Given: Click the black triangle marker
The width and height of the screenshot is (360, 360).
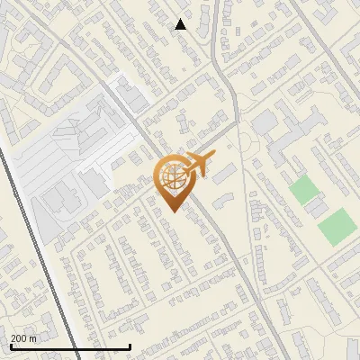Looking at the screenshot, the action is (181, 24).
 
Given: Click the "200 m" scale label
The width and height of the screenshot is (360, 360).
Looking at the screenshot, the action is (23, 338).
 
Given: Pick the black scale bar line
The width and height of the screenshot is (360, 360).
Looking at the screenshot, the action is (69, 346).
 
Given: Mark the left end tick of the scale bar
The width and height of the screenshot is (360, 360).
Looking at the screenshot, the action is (10, 345).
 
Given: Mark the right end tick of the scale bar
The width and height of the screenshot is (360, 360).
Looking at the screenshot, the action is (130, 345).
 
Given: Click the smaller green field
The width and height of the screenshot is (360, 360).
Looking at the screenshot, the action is (304, 190).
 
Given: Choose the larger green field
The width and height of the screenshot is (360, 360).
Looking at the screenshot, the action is (337, 227).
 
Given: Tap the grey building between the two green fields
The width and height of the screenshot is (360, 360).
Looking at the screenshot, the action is (316, 208).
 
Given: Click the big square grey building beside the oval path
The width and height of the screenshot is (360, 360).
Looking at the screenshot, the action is (265, 121).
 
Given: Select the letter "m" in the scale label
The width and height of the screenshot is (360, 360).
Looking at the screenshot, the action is (33, 338).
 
